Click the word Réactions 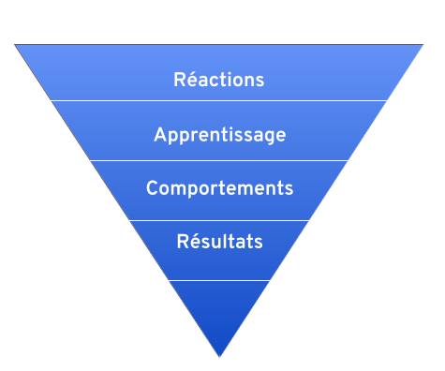tap(219, 80)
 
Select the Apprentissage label tap(219, 135)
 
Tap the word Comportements tap(219, 188)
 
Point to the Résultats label tap(219, 242)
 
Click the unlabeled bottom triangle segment tap(219, 304)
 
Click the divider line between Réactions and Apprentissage tap(219, 100)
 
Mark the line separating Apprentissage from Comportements tap(219, 160)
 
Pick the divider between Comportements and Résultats tap(219, 220)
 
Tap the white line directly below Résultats tap(219, 280)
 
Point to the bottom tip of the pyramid tap(220, 358)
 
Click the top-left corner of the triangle tap(14, 43)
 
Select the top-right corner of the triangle tap(427, 43)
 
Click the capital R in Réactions tap(180, 80)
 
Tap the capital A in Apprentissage tap(160, 134)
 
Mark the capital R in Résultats tap(183, 242)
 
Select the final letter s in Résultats tap(259, 243)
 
